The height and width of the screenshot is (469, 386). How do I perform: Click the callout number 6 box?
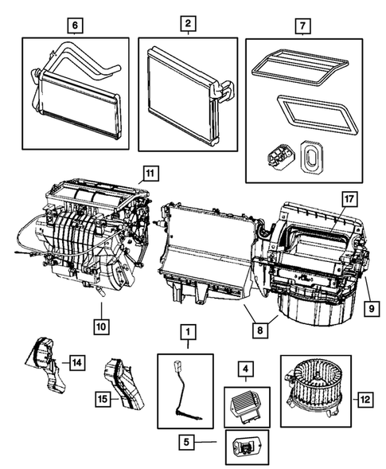coord(75,25)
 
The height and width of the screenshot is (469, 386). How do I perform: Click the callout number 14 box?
coord(76,364)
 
